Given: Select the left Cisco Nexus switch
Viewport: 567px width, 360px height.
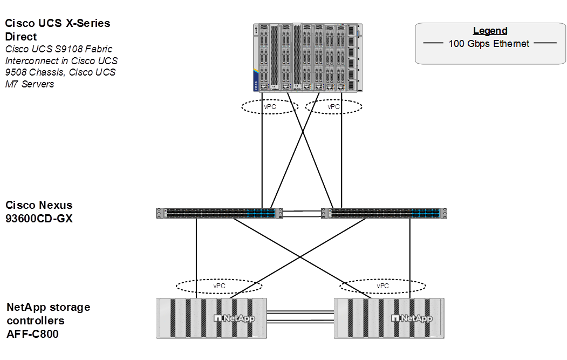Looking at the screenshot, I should point(218,213).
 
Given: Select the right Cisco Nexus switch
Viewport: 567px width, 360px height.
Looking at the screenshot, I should point(385,213).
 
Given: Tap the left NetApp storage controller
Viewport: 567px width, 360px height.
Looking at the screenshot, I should point(211,318).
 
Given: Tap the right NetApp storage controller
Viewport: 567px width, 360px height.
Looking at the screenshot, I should point(390,318).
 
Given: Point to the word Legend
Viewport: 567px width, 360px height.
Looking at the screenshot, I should point(490,31).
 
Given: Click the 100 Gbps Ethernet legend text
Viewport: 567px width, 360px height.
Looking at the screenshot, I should point(489,44).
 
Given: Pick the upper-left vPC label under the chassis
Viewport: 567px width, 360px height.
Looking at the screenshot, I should point(270,107).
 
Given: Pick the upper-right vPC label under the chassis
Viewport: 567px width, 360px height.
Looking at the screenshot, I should point(334,107).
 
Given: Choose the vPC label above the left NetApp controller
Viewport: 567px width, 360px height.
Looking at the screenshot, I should point(219,286).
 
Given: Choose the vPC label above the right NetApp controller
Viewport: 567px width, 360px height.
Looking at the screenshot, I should point(382,286).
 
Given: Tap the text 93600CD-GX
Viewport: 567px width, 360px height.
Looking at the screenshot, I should point(39,218).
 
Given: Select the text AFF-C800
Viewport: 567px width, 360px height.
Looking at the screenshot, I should point(32,334).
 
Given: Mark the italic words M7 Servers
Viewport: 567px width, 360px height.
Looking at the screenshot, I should point(30,84).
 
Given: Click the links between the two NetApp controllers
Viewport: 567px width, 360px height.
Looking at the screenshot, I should point(300,318).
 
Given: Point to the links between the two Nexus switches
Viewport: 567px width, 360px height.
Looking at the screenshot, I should point(302,213).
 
